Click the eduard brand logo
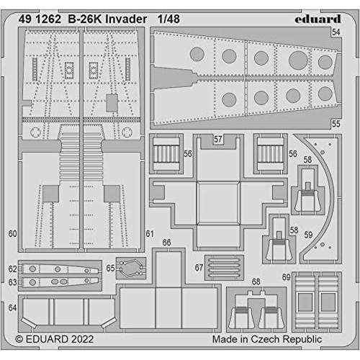(x=318, y=19)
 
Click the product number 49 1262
(x=40, y=19)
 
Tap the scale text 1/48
(x=168, y=19)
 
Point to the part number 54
(x=336, y=32)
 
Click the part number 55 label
(x=336, y=124)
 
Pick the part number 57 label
(x=218, y=139)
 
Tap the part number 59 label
(x=308, y=235)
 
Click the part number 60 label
(x=12, y=234)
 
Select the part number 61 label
(x=150, y=234)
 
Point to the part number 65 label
(x=110, y=268)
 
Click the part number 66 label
(x=166, y=243)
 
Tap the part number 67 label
(x=199, y=268)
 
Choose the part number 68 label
(x=256, y=282)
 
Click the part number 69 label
(x=287, y=277)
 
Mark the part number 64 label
(x=12, y=307)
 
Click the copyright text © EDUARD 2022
(x=54, y=339)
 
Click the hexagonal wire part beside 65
(x=131, y=268)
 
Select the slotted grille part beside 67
(x=224, y=268)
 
